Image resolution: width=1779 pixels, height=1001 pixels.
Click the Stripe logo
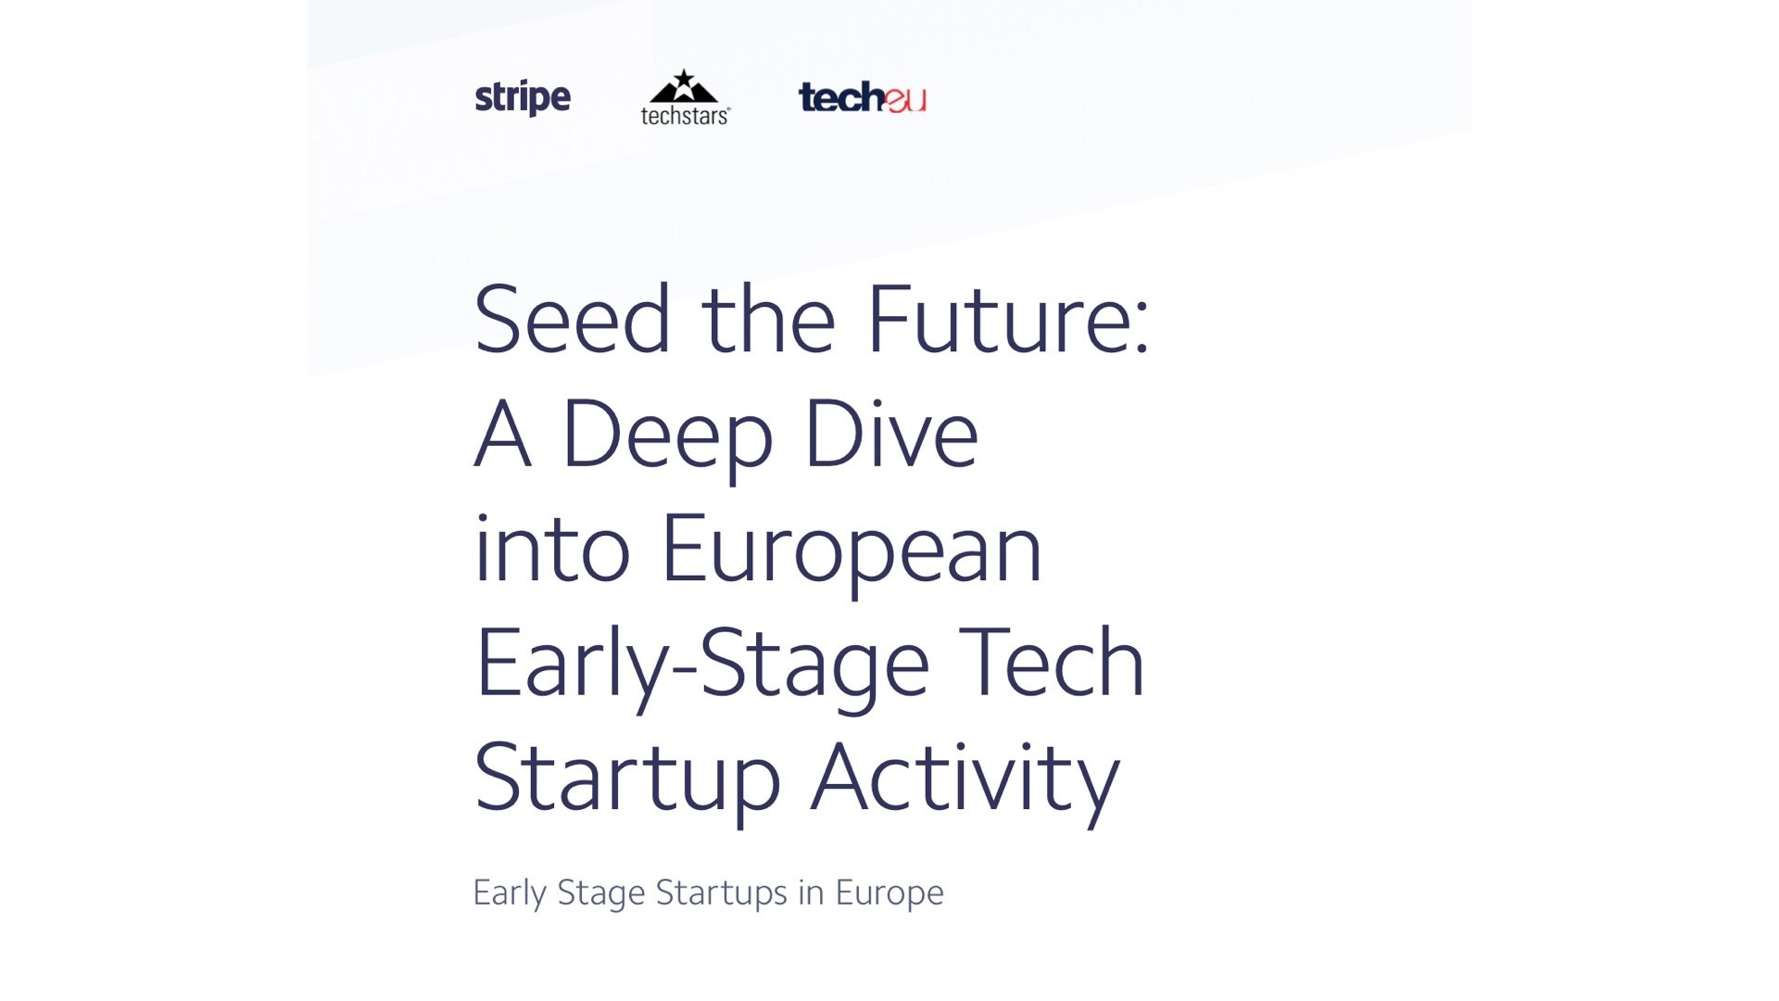[523, 97]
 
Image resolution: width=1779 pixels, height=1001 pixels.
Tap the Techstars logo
[685, 96]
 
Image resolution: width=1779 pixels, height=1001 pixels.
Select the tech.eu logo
[862, 97]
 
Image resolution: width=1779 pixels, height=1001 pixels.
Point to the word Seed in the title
[572, 319]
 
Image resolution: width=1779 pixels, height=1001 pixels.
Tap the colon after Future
[1141, 329]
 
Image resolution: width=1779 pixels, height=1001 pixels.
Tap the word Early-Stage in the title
[702, 665]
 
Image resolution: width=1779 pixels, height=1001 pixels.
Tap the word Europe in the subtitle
[889, 893]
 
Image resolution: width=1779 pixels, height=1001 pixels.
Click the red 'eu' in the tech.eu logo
[905, 99]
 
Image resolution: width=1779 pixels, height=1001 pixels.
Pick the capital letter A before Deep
[503, 434]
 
